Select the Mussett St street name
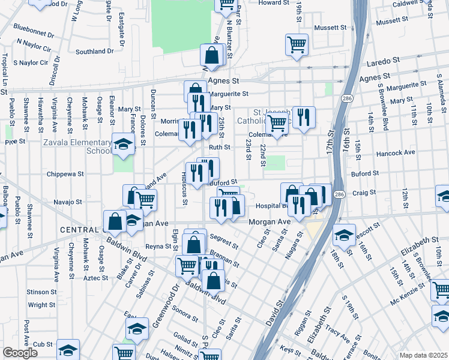[x=331, y=28]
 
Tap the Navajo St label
[x=67, y=202]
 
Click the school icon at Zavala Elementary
[x=123, y=145]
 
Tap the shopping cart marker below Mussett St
[x=297, y=44]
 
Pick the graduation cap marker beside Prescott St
[x=344, y=235]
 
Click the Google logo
[x=20, y=353]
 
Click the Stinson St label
[x=41, y=292]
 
